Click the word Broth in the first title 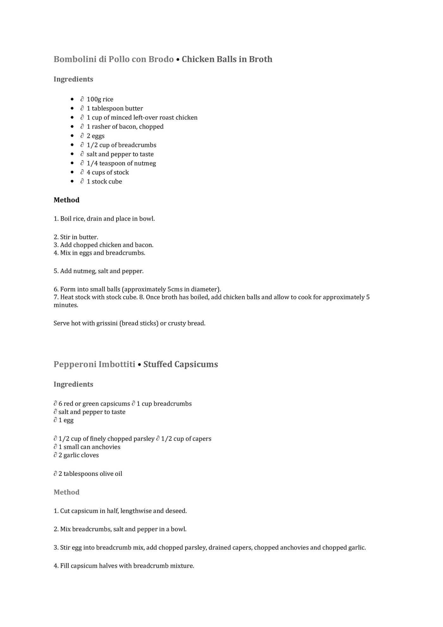(260, 59)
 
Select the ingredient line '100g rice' (100, 99)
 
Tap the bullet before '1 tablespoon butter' (72, 109)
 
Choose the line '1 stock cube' (104, 182)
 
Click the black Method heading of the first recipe (66, 200)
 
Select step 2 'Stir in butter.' (76, 237)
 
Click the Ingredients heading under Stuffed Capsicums (73, 384)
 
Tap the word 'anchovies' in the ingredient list (106, 447)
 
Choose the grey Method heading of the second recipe (66, 492)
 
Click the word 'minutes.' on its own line (66, 305)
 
